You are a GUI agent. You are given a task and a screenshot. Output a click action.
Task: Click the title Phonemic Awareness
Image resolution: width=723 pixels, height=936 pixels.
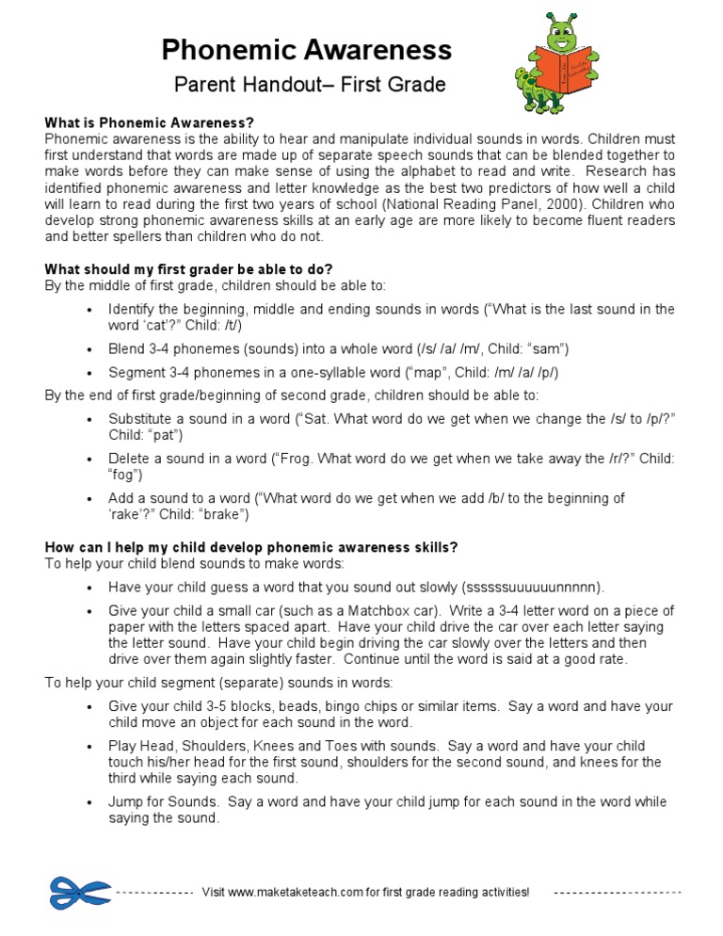(306, 49)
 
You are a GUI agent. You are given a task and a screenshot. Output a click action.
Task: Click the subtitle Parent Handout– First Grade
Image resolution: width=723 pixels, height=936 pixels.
(310, 86)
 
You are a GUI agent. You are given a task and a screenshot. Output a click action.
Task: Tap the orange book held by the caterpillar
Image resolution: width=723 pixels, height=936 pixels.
(563, 71)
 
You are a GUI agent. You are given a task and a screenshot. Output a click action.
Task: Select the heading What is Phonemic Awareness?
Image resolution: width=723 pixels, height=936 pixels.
(150, 123)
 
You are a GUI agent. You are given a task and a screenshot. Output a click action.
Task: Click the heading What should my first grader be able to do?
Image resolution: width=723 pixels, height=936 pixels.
(188, 268)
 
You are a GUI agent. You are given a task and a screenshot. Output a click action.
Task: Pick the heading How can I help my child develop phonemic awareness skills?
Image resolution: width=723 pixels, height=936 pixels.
(251, 547)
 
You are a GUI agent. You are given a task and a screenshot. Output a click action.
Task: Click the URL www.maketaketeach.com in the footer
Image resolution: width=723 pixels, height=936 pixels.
(296, 892)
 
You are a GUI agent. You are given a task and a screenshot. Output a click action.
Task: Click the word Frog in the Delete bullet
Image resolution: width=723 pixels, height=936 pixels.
(293, 459)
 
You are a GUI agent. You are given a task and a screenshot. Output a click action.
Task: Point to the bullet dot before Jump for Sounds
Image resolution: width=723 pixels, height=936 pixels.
(88, 803)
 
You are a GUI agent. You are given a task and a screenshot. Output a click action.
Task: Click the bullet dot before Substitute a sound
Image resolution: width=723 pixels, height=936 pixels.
(88, 420)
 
